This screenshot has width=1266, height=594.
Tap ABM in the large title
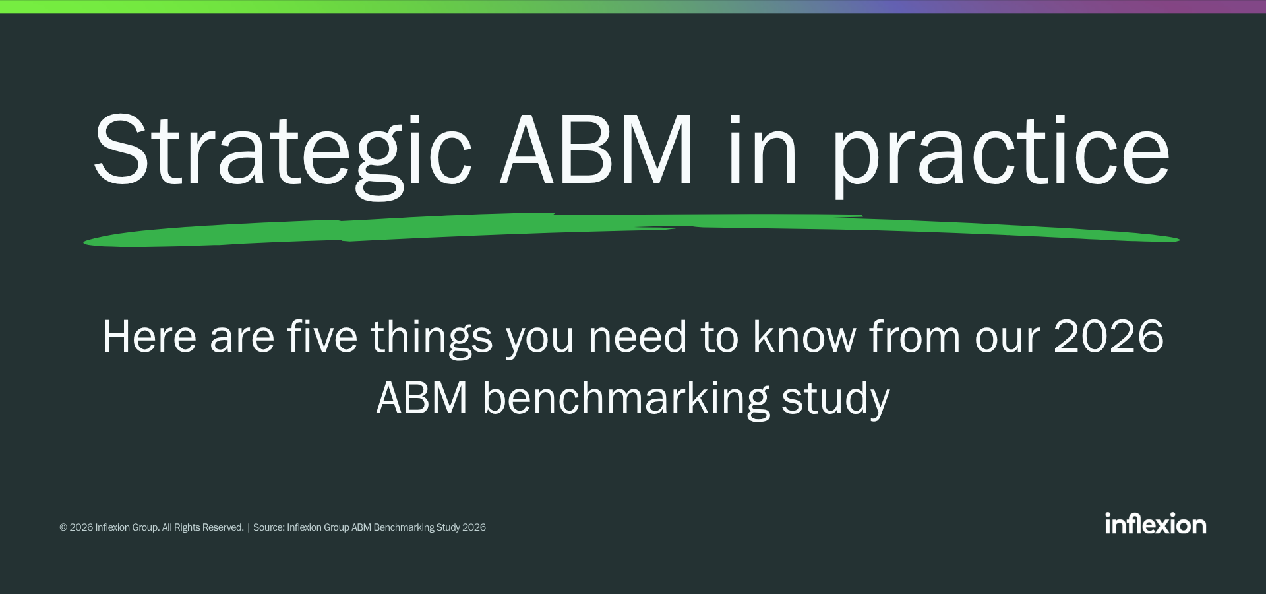(x=597, y=149)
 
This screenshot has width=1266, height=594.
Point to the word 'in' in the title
(x=763, y=149)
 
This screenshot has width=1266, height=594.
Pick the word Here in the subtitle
(x=150, y=337)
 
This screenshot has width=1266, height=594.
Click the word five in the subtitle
(x=322, y=336)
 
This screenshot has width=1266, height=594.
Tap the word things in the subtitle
(x=432, y=339)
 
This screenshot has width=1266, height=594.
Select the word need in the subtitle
(x=638, y=337)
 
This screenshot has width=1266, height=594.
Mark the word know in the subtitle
(x=804, y=336)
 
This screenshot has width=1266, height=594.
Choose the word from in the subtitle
(x=915, y=336)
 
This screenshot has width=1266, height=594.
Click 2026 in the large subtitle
(x=1108, y=337)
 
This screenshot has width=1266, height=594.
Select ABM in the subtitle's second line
(x=422, y=398)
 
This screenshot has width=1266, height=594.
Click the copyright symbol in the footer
(x=63, y=527)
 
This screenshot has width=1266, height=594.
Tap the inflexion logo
(x=1156, y=523)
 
